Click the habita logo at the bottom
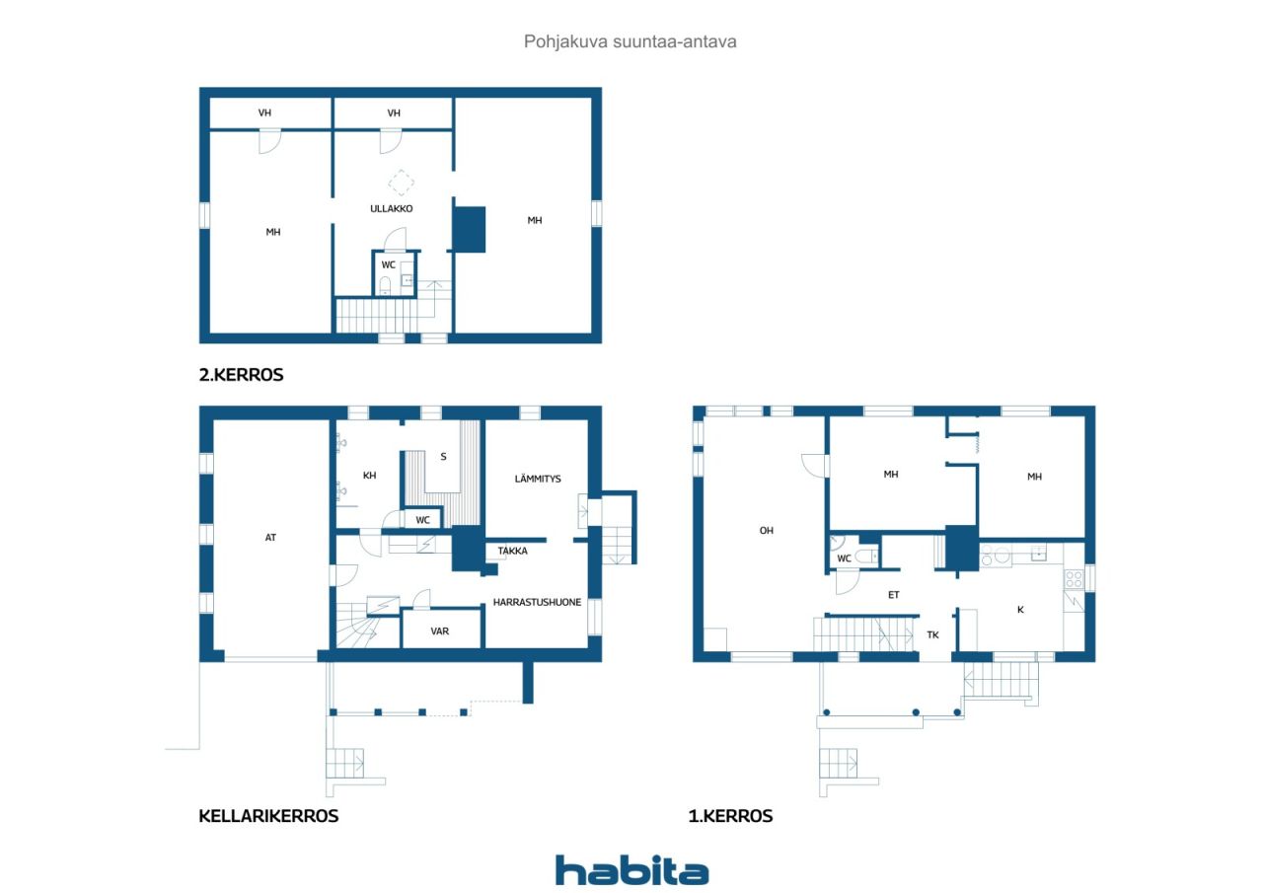[x=631, y=870]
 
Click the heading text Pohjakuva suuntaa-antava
[x=630, y=41]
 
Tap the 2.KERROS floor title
[x=242, y=375]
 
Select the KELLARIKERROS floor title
[x=268, y=816]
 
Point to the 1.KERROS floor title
[x=730, y=816]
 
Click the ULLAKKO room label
[x=392, y=208]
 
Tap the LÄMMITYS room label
[x=538, y=479]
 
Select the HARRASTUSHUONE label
[x=537, y=602]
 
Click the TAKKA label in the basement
[x=512, y=551]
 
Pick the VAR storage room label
[x=440, y=632]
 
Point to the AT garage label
[x=270, y=538]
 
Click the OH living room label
[x=767, y=531]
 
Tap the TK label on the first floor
[x=933, y=635]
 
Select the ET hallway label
[x=894, y=595]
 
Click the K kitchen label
[x=1020, y=610]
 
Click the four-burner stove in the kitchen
[x=1074, y=579]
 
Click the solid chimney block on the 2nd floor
[x=470, y=230]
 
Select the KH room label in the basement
[x=369, y=476]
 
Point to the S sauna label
[x=443, y=457]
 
